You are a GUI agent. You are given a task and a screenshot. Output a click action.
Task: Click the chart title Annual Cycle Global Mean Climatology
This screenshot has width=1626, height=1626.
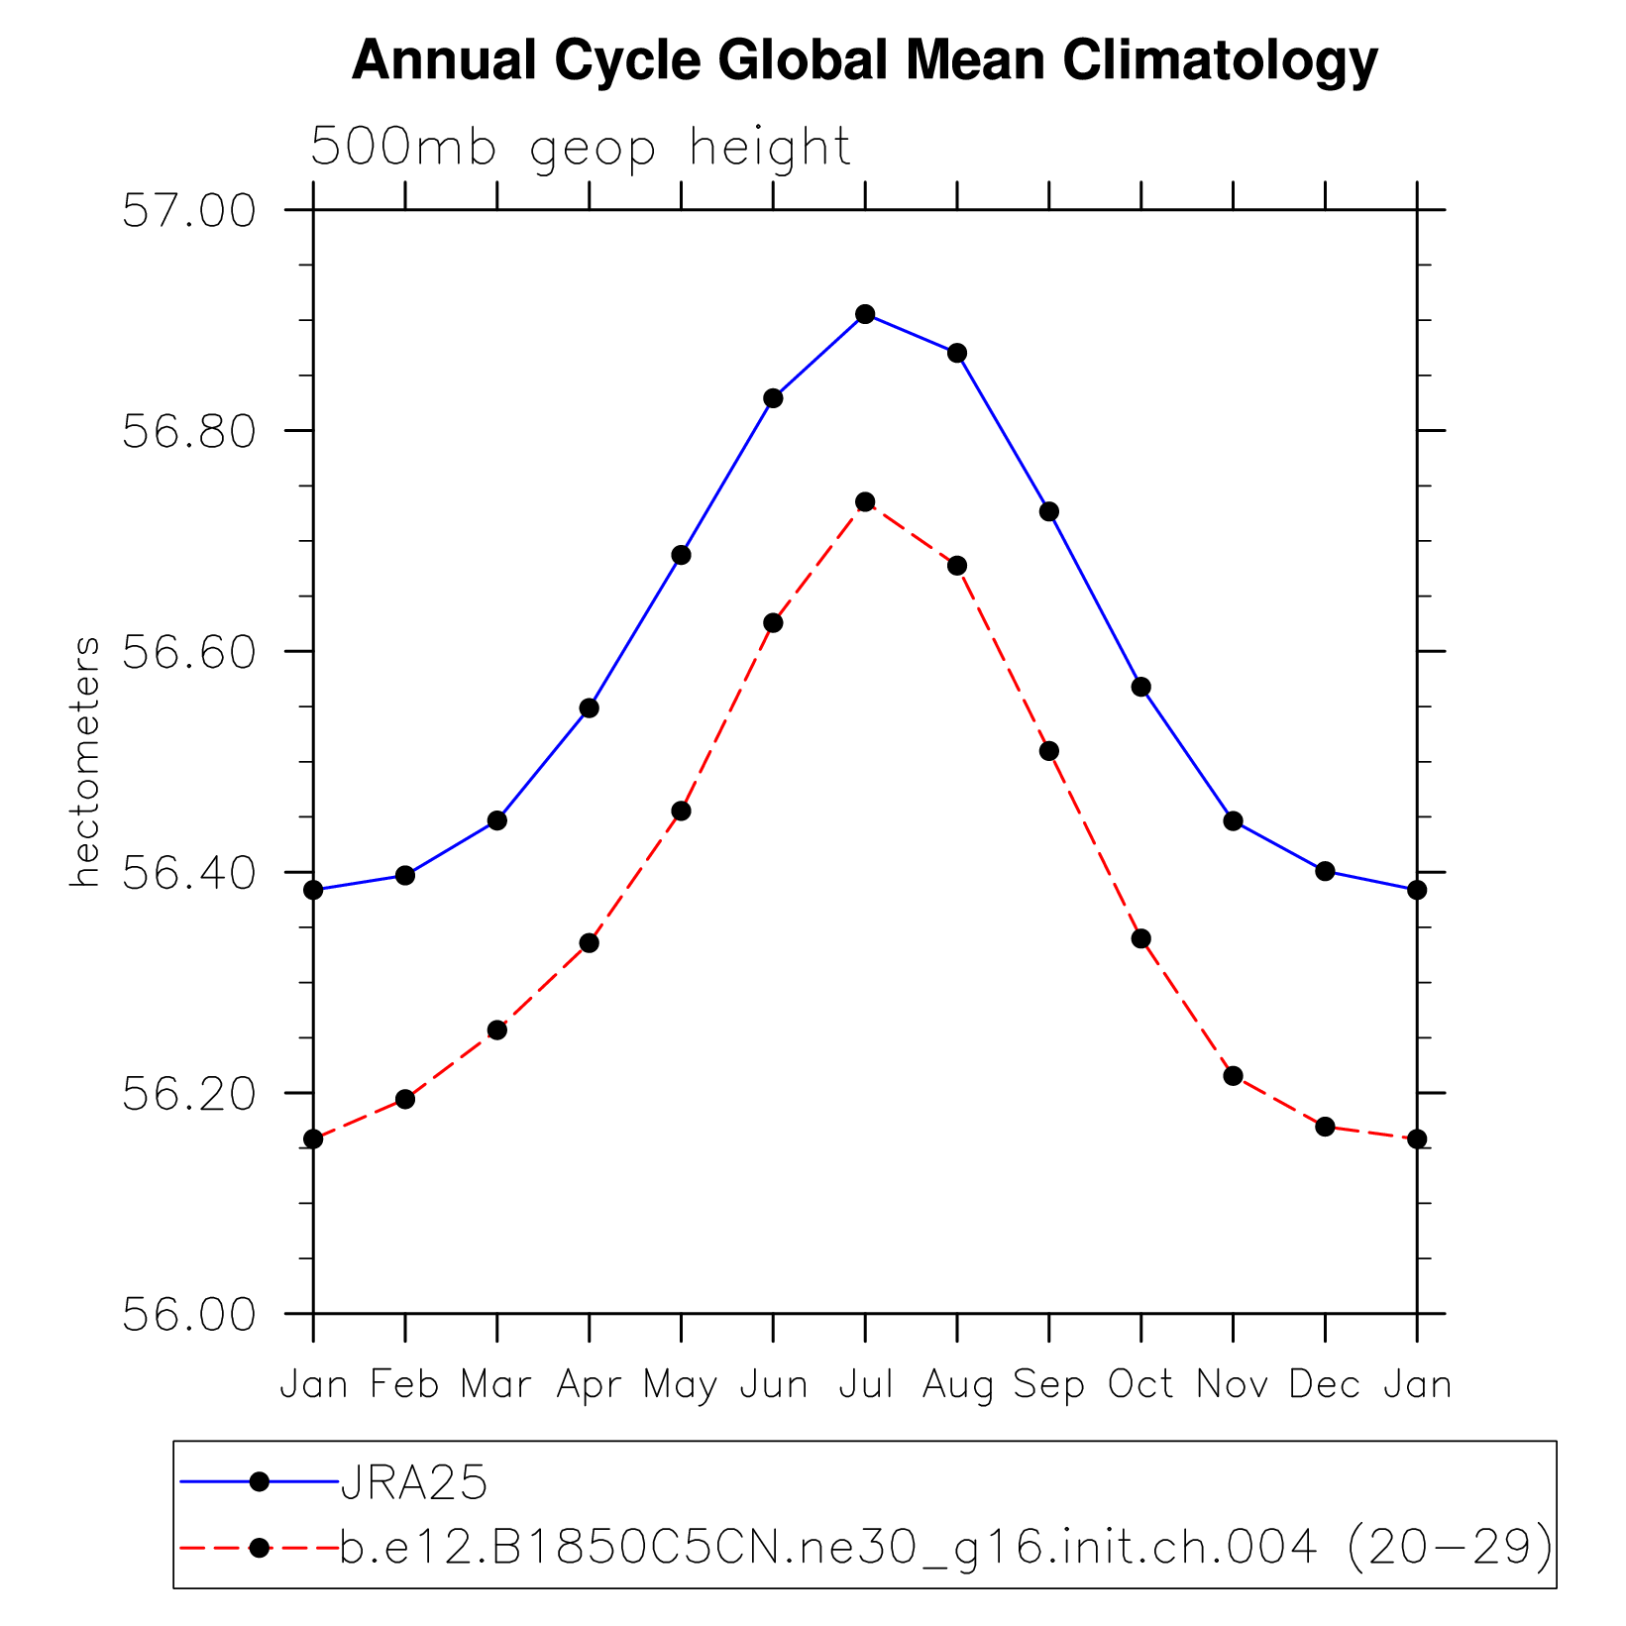pos(864,60)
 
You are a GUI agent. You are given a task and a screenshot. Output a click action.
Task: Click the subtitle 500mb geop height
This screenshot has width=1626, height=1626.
pos(581,148)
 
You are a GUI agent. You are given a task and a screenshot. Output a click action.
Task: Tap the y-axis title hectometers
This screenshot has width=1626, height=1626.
pos(86,762)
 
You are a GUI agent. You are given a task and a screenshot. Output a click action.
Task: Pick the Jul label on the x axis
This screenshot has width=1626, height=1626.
pos(865,1384)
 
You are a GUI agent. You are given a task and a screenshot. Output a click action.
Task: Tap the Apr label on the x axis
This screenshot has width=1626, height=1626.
pos(589,1384)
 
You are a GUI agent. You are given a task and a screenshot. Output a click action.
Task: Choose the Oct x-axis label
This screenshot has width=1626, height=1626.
pos(1140,1384)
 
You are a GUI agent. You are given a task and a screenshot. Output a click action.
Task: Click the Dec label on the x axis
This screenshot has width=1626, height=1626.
pos(1325,1384)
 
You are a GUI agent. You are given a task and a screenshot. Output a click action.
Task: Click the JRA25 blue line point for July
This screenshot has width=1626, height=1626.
pos(865,314)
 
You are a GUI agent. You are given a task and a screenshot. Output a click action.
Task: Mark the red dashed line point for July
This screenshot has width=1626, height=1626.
pos(865,502)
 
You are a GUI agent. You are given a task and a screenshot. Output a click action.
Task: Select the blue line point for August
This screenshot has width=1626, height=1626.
pos(957,353)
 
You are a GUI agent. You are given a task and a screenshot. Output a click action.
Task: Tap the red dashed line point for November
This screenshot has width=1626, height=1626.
pos(1233,1076)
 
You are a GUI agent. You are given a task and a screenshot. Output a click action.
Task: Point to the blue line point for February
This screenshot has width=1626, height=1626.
pos(405,875)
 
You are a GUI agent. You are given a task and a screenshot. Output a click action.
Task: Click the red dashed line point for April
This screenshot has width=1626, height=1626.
pos(590,942)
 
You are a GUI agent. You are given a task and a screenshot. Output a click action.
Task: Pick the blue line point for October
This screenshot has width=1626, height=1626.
pos(1141,687)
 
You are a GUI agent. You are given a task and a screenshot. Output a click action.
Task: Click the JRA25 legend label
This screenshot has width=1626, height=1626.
pos(414,1483)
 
